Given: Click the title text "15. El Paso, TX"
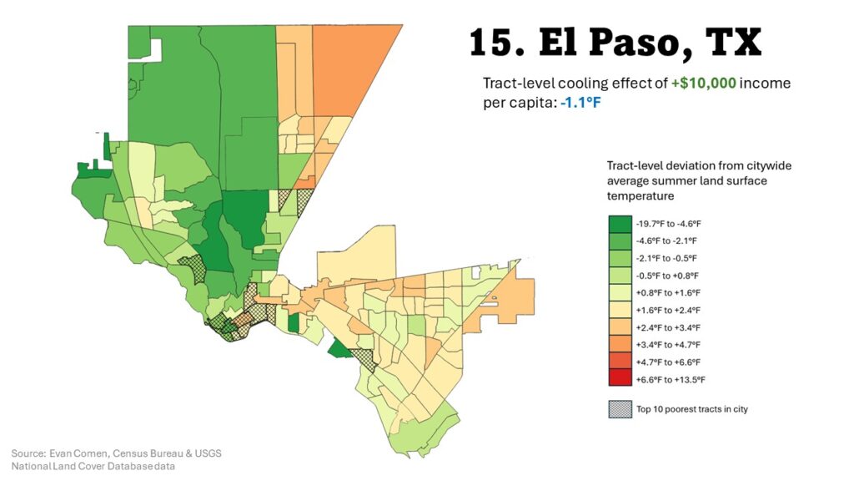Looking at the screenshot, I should (615, 43).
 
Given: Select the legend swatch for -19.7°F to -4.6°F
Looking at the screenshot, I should (619, 224).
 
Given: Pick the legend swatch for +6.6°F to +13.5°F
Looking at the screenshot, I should (619, 379).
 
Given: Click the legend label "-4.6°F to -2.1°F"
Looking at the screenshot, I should (669, 241).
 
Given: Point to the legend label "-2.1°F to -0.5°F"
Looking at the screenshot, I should (669, 258).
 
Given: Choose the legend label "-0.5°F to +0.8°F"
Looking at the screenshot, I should (669, 276).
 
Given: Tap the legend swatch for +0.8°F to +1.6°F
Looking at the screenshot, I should (619, 293).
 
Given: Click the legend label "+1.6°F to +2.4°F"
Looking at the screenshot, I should (669, 310).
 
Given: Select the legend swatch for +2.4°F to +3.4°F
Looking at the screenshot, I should (619, 327).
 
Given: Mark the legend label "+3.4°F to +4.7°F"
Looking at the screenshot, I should (669, 344).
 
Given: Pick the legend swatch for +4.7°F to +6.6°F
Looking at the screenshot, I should (619, 362).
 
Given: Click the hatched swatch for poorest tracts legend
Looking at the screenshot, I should (619, 409).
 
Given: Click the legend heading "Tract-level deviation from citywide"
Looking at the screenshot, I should (699, 166).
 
